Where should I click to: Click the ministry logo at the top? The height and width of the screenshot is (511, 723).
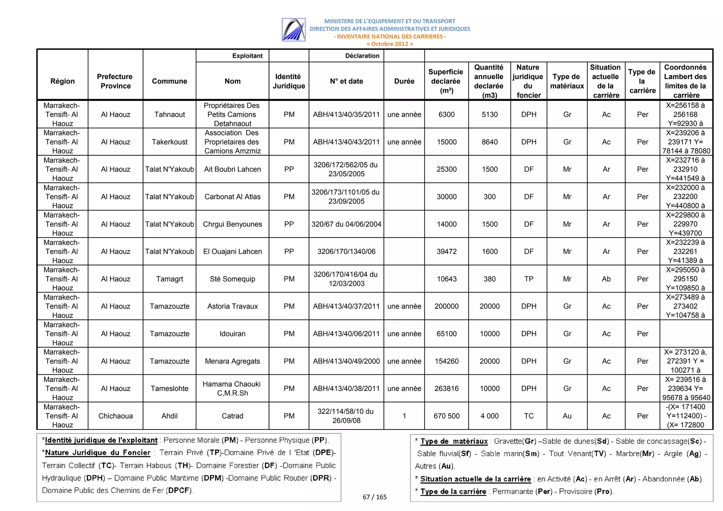coord(293,30)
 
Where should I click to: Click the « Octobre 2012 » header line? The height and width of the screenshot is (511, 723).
coord(389,44)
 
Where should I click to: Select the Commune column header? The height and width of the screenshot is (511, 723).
coord(169,81)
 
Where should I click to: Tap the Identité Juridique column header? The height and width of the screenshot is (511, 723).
coord(288,81)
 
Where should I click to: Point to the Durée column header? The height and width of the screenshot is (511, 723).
coord(404,81)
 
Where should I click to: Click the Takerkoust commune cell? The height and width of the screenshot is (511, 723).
coord(169,142)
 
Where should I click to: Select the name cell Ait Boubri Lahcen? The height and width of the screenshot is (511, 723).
coord(232,169)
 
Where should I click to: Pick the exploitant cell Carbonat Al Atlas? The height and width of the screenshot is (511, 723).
coord(232,197)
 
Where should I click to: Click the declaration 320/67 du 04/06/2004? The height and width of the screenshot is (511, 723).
coord(346,224)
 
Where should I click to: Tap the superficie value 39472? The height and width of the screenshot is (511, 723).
coord(446,251)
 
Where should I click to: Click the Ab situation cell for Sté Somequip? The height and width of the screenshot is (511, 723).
coord(606,279)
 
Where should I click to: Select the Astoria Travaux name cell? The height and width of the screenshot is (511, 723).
coord(232,306)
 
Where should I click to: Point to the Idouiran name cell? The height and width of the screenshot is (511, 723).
coord(232,333)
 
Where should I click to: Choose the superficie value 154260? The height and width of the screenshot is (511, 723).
coord(446,361)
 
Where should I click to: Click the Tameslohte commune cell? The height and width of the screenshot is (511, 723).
coord(169,389)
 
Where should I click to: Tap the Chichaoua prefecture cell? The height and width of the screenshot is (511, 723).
coord(115,416)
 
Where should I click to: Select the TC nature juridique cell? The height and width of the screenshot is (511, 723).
coord(528,416)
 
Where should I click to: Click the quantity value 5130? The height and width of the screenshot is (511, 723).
coord(489,114)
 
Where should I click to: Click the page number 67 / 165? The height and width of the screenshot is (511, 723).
coord(375,497)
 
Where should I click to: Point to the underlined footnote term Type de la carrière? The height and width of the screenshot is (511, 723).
coord(453,491)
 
